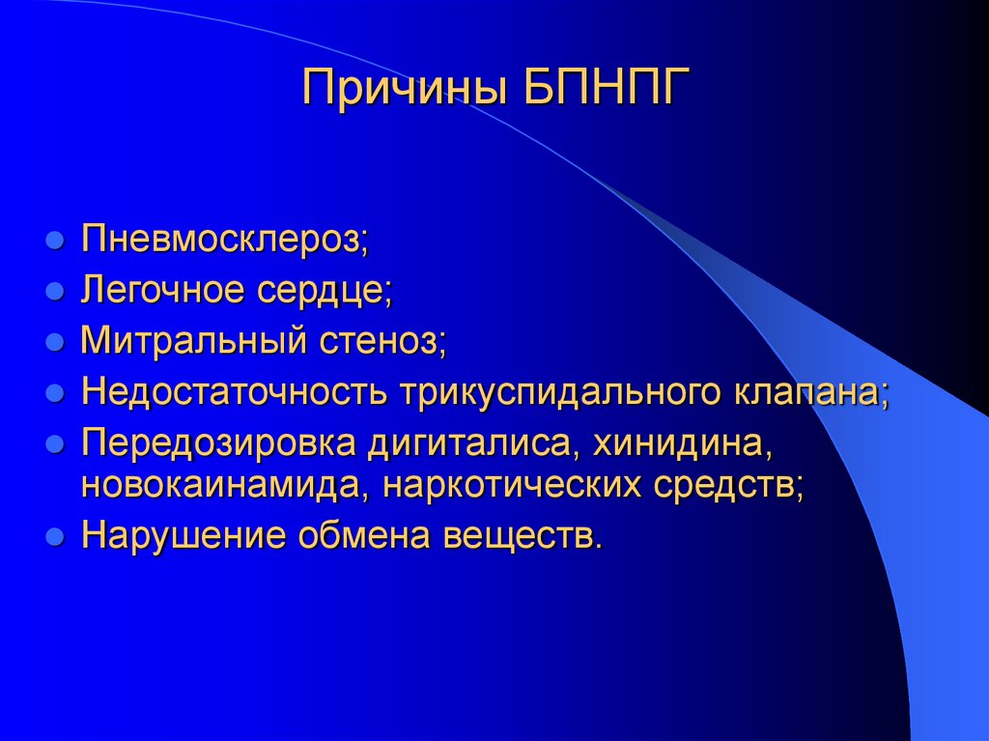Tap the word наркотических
pos(514,485)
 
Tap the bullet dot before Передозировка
pos(56,443)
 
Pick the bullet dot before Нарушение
pos(56,535)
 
